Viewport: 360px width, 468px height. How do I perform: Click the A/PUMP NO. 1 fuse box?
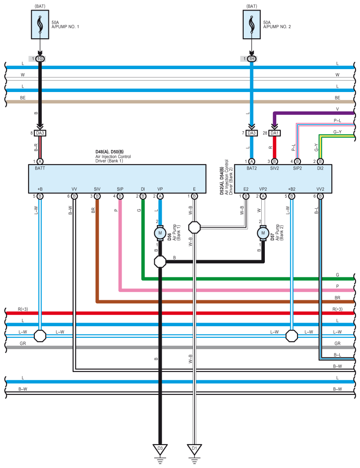(x=40, y=25)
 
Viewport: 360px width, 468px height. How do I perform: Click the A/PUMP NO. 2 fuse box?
(x=252, y=25)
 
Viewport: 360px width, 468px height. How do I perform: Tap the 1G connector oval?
(x=40, y=59)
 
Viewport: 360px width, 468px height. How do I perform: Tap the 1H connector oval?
(x=252, y=59)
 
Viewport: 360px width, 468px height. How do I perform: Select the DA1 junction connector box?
(x=274, y=133)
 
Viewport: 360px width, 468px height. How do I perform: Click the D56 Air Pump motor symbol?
(x=160, y=233)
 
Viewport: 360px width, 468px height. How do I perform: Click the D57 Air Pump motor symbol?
(x=263, y=233)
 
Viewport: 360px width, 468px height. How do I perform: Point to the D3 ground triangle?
(x=160, y=449)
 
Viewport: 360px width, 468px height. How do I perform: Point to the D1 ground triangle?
(x=194, y=449)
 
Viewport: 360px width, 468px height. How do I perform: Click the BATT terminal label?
(x=40, y=168)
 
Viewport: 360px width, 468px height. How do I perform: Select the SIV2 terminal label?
(x=274, y=168)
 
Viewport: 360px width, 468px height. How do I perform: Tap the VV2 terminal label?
(x=320, y=189)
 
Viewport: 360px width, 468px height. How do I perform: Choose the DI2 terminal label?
(x=320, y=168)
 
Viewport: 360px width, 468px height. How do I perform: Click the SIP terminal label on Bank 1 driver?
(x=120, y=189)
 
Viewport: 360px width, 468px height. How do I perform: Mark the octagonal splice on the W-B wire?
(x=194, y=228)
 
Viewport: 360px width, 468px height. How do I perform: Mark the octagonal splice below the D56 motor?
(x=160, y=262)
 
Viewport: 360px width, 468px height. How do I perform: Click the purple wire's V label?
(x=337, y=109)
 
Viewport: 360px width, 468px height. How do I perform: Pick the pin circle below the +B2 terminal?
(x=292, y=196)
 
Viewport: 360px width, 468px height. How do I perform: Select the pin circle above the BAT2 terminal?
(x=252, y=162)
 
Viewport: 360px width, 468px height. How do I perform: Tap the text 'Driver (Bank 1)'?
(x=109, y=161)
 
